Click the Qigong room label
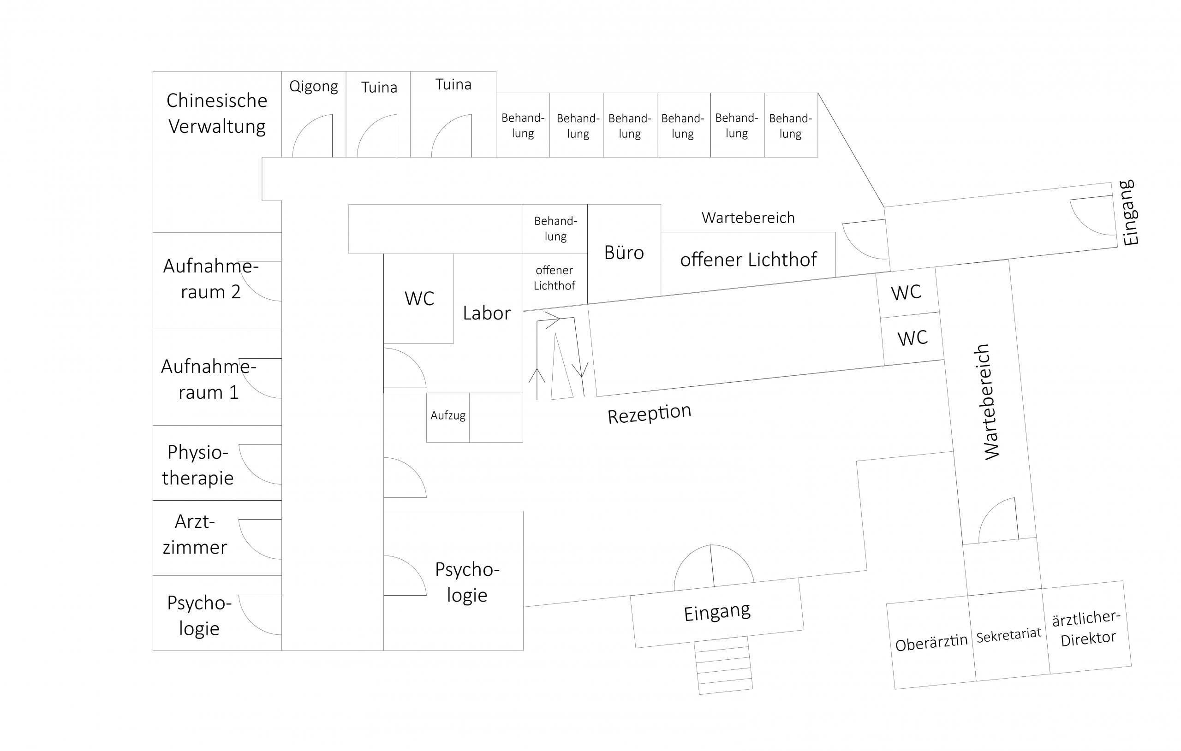point(313,87)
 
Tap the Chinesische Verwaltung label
point(217,113)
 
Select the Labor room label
point(487,313)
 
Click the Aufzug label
point(448,416)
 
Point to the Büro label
point(624,253)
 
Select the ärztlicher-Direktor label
point(1087,628)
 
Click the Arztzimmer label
point(195,534)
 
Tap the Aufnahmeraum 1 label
point(209,379)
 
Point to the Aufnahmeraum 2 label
point(210,279)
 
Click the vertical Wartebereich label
point(987,402)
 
